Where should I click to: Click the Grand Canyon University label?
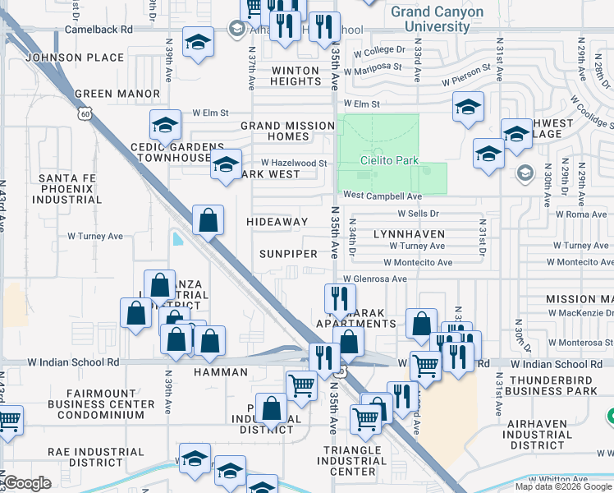(x=437, y=19)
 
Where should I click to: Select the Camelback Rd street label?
(x=99, y=29)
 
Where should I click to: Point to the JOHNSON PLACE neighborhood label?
(x=75, y=58)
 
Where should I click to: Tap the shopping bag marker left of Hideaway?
(x=208, y=219)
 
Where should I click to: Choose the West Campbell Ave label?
(x=382, y=196)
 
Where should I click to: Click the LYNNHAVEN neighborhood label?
(x=409, y=234)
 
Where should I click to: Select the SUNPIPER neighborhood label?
(x=288, y=254)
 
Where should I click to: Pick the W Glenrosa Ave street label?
(x=375, y=279)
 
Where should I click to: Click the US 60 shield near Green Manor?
(x=85, y=114)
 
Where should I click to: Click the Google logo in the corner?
(x=27, y=483)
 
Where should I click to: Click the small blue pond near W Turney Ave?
(x=178, y=239)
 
